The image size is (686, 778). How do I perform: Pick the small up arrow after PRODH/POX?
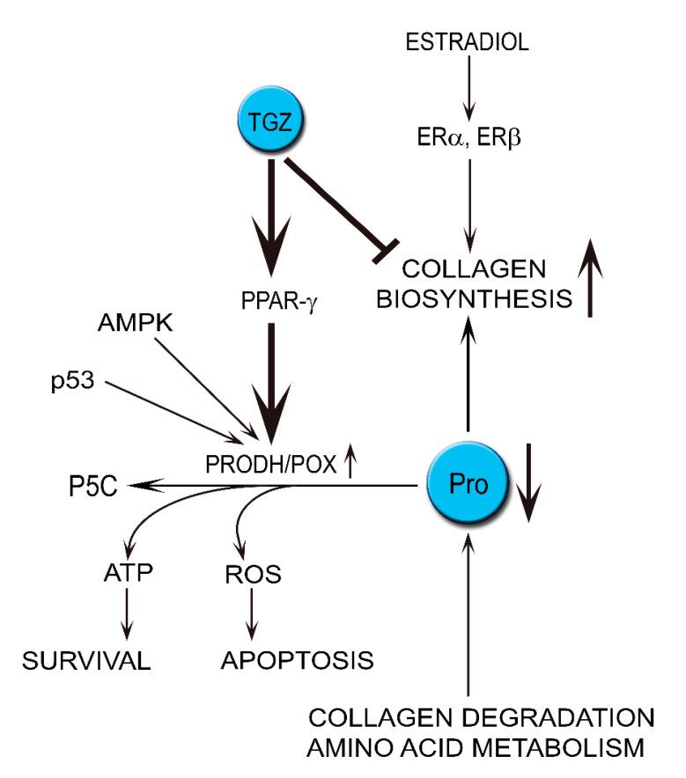(x=350, y=464)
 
